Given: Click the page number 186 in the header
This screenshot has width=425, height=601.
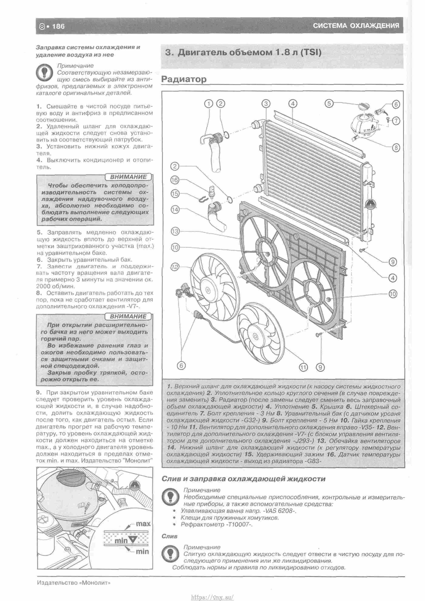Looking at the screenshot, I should pyautogui.click(x=58, y=26).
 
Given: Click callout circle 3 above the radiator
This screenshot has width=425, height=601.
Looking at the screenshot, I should pyautogui.click(x=266, y=104).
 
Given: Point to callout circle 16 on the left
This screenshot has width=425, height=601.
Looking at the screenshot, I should pyautogui.click(x=175, y=180).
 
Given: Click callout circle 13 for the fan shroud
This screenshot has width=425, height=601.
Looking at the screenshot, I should pyautogui.click(x=175, y=231).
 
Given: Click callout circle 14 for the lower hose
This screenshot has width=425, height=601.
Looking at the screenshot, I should pyautogui.click(x=175, y=209).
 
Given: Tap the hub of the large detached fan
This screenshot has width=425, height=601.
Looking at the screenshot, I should pyautogui.click(x=208, y=290).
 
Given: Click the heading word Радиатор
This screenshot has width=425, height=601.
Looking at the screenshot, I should pyautogui.click(x=184, y=79).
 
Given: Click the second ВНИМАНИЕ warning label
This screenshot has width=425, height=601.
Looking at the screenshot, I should pyautogui.click(x=128, y=317).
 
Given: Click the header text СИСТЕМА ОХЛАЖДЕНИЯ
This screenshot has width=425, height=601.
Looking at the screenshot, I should pyautogui.click(x=356, y=26).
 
